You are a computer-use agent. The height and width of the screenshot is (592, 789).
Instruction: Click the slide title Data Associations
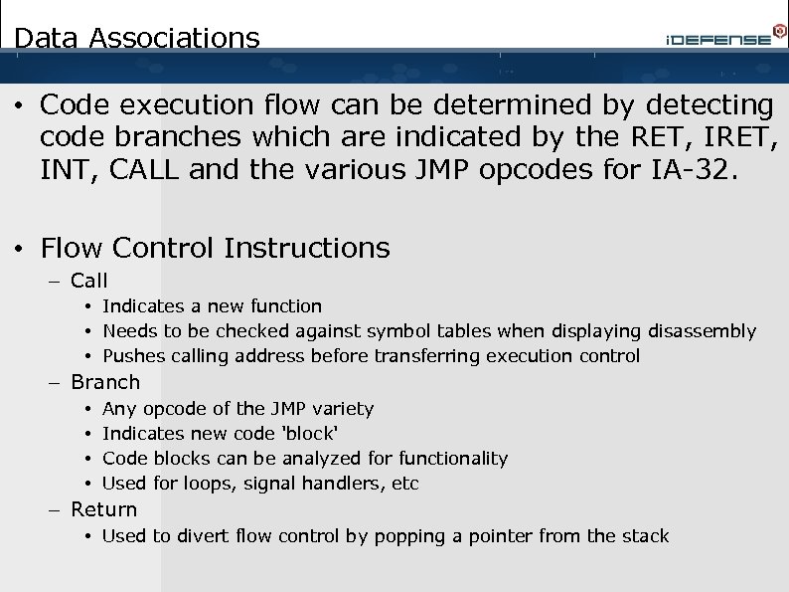click(137, 39)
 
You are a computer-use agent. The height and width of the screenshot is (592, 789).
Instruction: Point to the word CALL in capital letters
click(144, 170)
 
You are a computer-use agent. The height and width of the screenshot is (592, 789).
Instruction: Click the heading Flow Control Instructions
click(216, 247)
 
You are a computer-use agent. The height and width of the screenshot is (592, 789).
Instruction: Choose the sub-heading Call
click(89, 282)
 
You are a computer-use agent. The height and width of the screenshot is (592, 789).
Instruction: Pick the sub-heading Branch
click(105, 382)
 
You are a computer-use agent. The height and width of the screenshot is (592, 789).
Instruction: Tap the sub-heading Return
click(104, 509)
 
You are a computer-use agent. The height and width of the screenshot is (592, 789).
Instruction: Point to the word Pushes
click(134, 356)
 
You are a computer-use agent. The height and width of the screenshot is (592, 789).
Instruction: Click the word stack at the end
click(645, 536)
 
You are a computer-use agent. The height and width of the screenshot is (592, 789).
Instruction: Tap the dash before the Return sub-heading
click(56, 510)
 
